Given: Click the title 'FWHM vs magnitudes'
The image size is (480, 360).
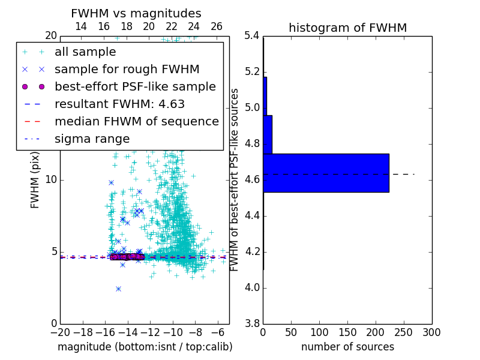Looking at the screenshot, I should click(136, 13).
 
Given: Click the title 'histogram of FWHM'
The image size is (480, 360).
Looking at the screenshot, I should click(347, 28).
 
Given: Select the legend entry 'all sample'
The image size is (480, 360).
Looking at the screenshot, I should click(85, 52).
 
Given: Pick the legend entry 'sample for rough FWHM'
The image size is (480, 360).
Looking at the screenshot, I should click(127, 69).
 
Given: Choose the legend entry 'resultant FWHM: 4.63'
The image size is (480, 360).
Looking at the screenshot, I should click(119, 104).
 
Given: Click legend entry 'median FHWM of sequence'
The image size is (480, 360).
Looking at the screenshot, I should click(136, 121).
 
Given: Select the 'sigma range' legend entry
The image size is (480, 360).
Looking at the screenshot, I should click(92, 139).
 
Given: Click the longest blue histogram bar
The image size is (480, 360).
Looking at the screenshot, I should click(326, 173).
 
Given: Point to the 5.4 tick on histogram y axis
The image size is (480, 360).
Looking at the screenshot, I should click(251, 36).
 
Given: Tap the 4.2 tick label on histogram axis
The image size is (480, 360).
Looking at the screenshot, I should click(251, 251).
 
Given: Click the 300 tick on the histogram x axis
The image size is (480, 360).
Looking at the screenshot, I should click(431, 332).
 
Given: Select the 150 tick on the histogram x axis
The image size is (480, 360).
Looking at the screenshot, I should click(347, 332).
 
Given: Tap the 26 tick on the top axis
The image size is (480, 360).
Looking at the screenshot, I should click(217, 26).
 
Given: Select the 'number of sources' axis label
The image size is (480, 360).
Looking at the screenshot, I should click(347, 347).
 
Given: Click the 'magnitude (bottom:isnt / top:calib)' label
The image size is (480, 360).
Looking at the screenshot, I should click(145, 347).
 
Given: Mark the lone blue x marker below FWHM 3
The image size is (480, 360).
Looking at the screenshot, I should click(118, 289).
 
